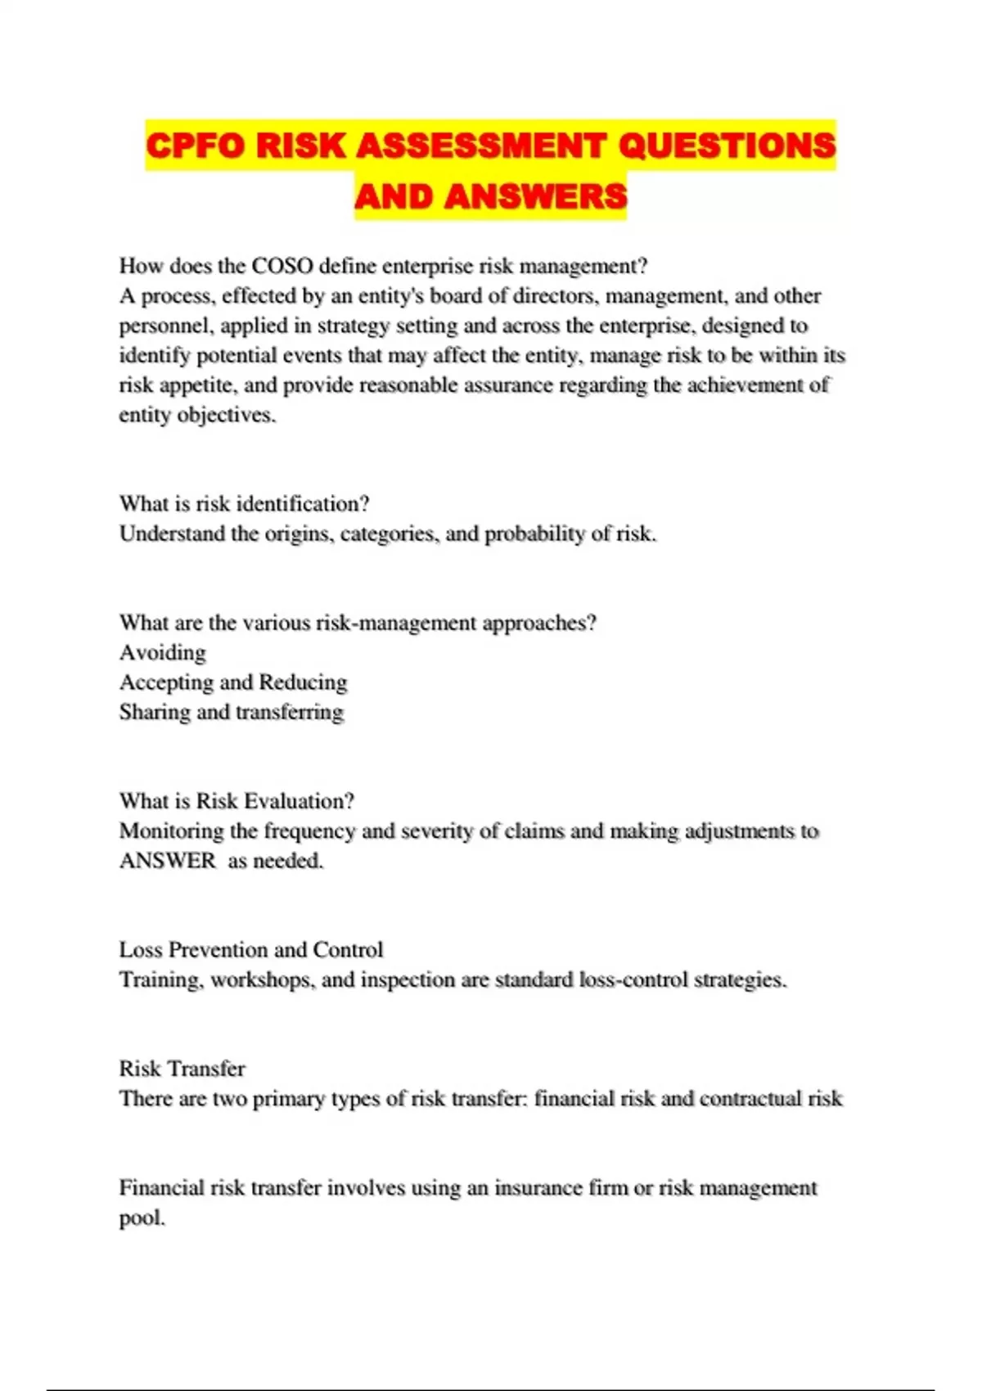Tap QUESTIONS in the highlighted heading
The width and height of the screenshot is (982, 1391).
pyautogui.click(x=727, y=146)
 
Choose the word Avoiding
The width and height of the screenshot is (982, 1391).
pyautogui.click(x=163, y=653)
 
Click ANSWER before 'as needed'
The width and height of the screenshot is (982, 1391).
pyautogui.click(x=168, y=861)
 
